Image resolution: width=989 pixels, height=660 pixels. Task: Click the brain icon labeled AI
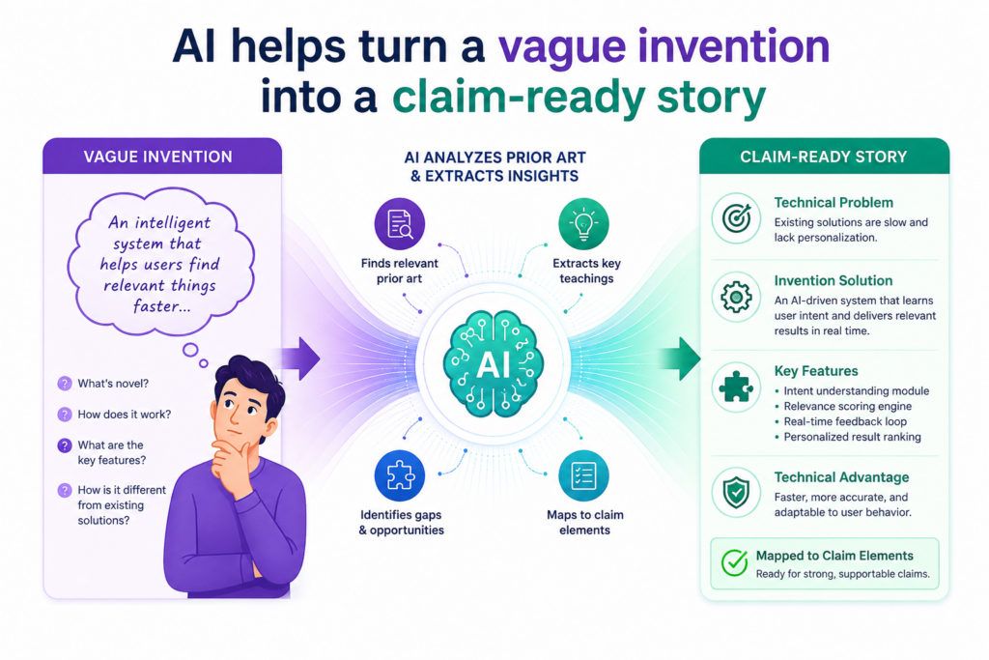tap(494, 364)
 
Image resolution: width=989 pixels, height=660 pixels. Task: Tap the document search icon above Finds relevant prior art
tap(399, 223)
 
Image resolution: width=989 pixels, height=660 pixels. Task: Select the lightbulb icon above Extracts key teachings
tap(583, 223)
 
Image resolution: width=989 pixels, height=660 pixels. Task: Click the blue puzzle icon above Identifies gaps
tap(399, 475)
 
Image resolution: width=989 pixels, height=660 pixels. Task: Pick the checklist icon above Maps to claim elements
tap(583, 475)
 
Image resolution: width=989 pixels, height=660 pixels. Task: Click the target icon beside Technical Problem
tap(736, 218)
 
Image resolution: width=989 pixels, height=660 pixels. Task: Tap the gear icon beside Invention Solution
tap(736, 297)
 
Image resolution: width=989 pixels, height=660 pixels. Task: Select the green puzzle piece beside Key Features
tap(736, 387)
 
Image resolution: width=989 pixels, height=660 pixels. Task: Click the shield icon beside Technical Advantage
tap(736, 492)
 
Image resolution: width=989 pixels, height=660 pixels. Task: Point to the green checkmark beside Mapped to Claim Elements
tap(735, 562)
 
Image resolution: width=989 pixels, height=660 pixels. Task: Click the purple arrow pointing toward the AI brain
tap(301, 359)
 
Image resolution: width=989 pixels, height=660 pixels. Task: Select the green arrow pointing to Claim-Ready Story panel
tap(680, 359)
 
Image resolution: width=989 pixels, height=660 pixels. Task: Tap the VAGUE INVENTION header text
tap(157, 157)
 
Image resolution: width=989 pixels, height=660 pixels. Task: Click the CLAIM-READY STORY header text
tap(823, 157)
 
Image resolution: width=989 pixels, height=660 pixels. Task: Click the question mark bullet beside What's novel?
tap(65, 384)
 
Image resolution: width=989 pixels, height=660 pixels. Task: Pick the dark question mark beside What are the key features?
tap(65, 445)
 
